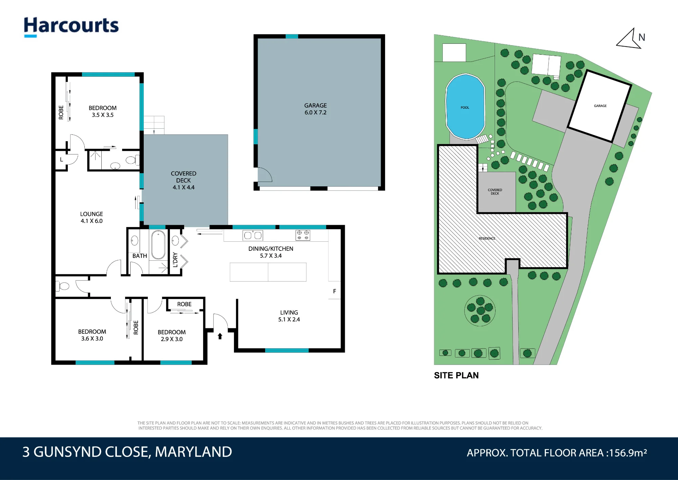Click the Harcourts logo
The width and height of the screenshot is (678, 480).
pos(71,26)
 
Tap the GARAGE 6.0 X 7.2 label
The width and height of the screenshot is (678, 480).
pos(315,109)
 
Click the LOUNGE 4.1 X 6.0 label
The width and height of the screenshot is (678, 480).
pos(92,217)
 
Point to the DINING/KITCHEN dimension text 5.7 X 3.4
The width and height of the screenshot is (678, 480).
pos(271,256)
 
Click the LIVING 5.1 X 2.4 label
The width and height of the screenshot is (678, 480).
pos(289,316)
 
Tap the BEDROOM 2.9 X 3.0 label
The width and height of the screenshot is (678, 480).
pos(172,335)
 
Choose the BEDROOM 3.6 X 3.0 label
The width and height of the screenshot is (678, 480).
pos(92,335)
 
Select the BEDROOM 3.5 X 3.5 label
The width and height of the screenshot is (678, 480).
pos(102,111)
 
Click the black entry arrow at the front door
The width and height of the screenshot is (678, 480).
pos(220,336)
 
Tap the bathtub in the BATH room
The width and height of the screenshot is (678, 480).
pos(158,245)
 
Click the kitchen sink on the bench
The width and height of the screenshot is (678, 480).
pos(253,235)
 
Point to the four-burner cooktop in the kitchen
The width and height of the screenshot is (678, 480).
pos(303,235)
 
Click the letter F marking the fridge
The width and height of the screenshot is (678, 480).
pos(335,291)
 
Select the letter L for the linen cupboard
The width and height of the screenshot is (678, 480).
pos(61,159)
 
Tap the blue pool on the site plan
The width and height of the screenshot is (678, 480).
pos(465,107)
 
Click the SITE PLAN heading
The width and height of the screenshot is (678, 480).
pos(456,375)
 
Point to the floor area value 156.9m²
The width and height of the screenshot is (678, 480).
pos(628,453)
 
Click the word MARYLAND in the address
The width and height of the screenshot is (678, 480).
pos(193,452)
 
